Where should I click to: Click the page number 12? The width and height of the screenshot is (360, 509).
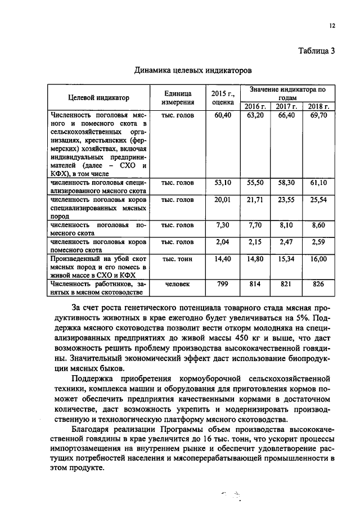click(x=332, y=25)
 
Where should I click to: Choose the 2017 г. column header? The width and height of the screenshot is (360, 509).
click(x=286, y=106)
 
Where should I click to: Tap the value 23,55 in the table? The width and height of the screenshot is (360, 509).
click(x=286, y=201)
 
